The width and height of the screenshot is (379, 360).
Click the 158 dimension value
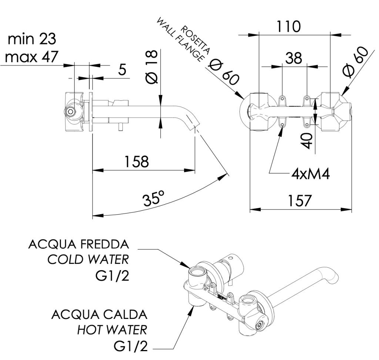pos(137,162)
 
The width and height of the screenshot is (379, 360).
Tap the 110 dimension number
pos(289,27)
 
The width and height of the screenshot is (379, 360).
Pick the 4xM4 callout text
pos(311,174)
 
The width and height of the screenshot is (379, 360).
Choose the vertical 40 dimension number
pos(307,141)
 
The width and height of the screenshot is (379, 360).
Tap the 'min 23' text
pos(32,39)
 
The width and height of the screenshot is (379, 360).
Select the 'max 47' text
pos(32,57)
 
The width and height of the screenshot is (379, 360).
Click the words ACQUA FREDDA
pos(79,244)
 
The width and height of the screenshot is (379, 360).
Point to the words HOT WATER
pos(112,329)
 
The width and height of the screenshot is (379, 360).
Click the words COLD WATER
pos(88,260)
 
